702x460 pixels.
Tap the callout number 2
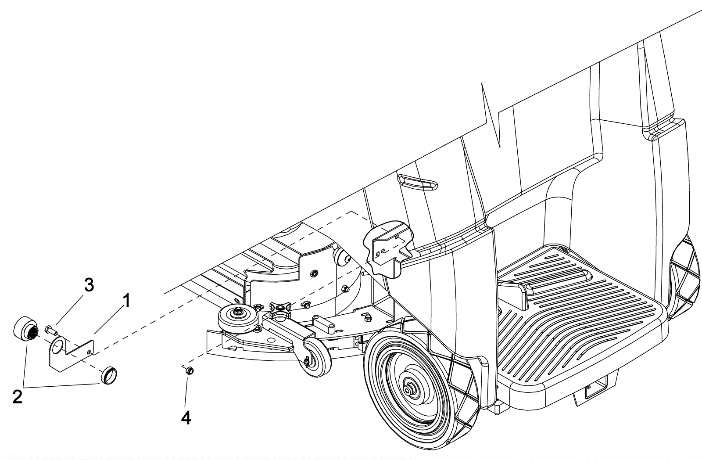[18, 396]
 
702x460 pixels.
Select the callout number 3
[89, 285]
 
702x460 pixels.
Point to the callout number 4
[186, 417]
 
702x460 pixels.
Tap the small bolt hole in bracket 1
[90, 351]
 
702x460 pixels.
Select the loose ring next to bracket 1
[109, 375]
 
